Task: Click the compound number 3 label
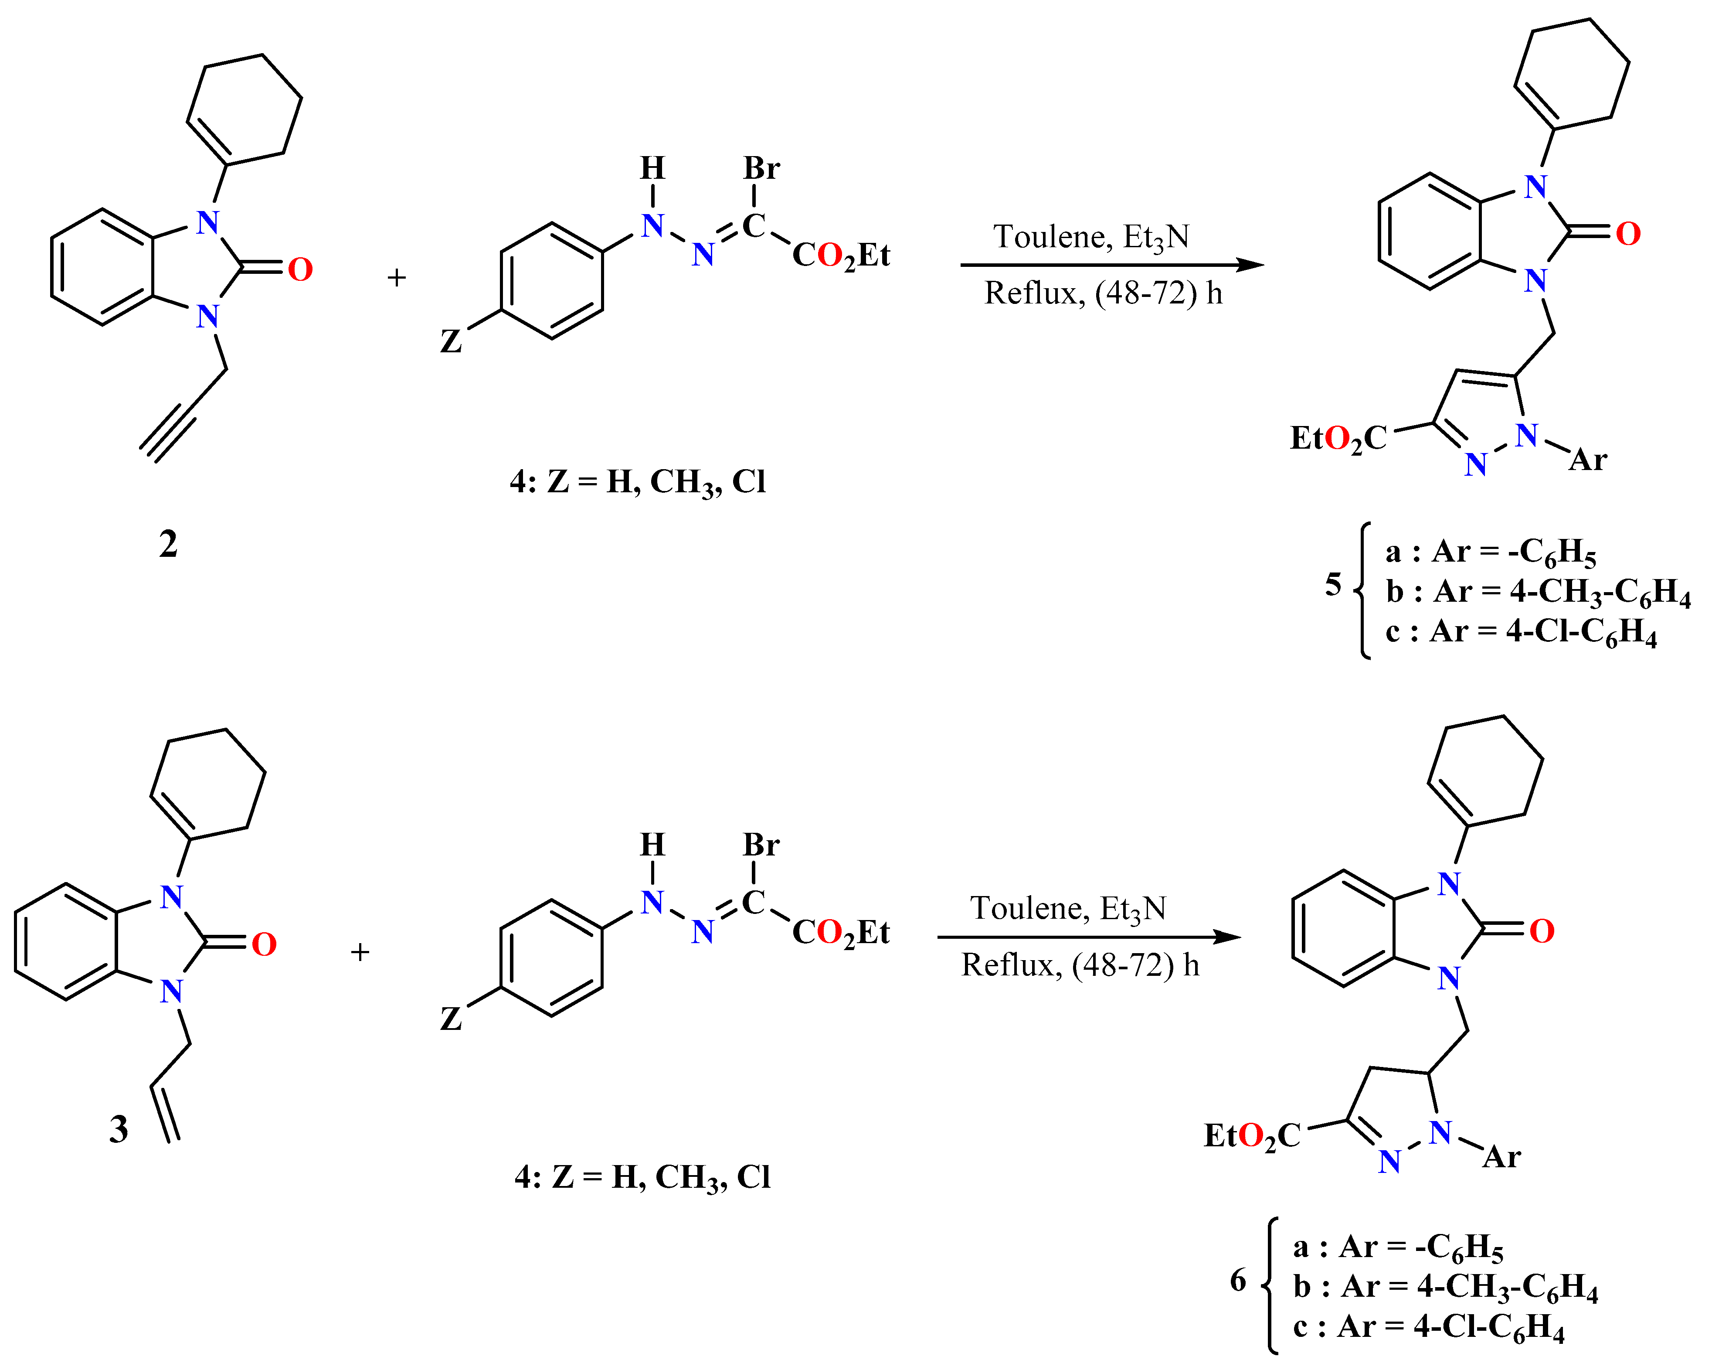(118, 1128)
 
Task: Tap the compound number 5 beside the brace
(1333, 585)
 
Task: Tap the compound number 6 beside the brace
(1238, 1280)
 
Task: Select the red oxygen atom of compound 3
(264, 944)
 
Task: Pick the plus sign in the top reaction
(396, 277)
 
